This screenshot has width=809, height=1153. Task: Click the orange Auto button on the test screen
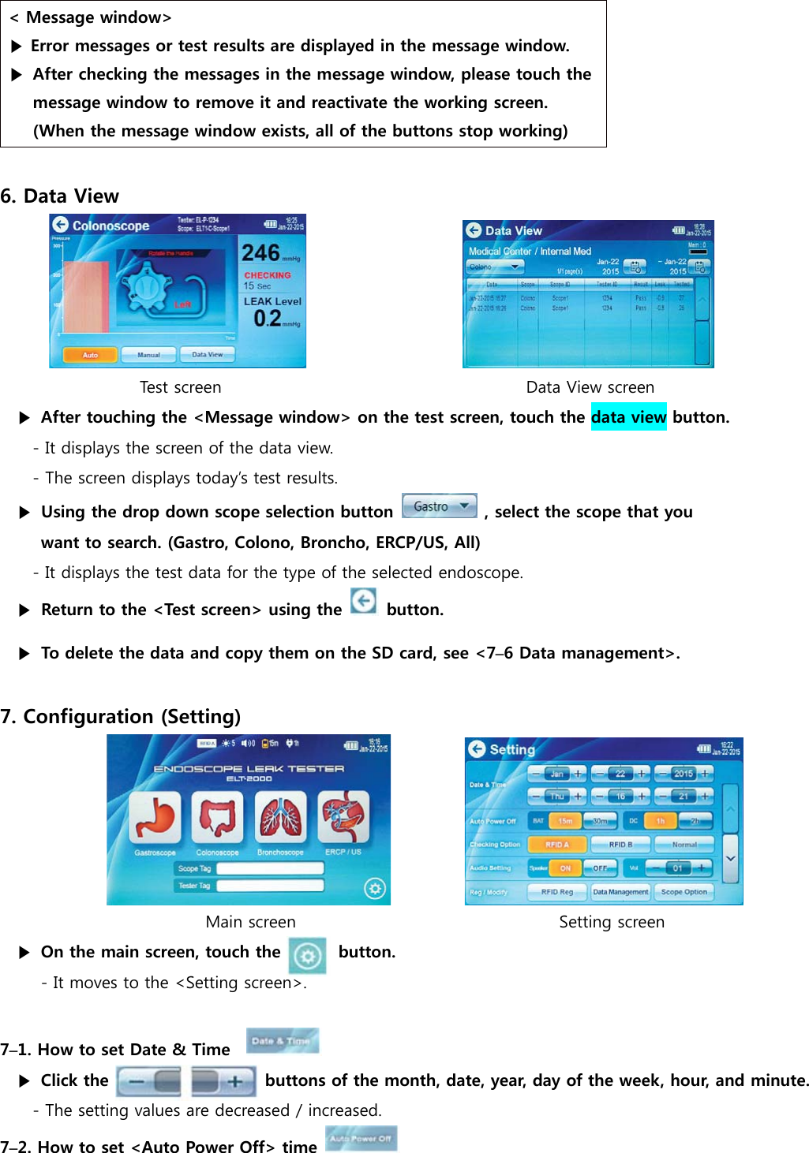click(x=90, y=355)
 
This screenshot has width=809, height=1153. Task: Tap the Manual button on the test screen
click(x=148, y=355)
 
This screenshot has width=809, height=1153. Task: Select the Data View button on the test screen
click(x=208, y=355)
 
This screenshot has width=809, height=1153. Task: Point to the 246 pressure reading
click(x=261, y=252)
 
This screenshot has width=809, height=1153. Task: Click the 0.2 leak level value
click(x=268, y=319)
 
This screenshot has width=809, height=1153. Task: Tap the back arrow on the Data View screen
click(x=474, y=230)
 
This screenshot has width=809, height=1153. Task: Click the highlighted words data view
click(x=628, y=417)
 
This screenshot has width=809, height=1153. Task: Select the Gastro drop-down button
click(x=439, y=506)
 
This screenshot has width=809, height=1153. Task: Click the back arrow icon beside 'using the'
click(x=363, y=603)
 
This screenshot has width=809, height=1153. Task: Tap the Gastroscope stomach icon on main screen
click(x=155, y=819)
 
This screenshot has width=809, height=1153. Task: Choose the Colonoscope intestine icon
click(x=217, y=819)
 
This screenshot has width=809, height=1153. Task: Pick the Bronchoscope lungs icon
click(x=280, y=819)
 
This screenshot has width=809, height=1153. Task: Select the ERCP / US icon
click(x=343, y=819)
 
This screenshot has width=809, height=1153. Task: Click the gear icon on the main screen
click(x=375, y=889)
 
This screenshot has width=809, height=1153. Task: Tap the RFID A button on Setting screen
click(x=556, y=845)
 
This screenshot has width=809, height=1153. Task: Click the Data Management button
click(x=620, y=892)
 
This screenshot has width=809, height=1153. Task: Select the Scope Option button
click(x=684, y=892)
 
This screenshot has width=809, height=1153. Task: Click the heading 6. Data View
click(x=60, y=196)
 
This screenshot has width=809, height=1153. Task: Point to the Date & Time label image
click(x=282, y=1041)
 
